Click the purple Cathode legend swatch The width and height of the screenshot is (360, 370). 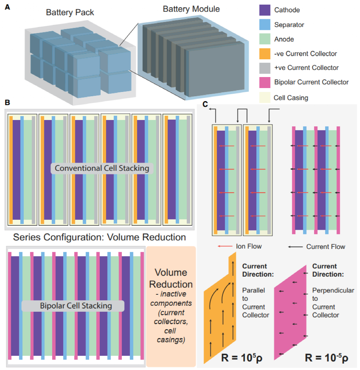tap(265, 10)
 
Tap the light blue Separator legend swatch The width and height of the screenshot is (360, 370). tap(265, 25)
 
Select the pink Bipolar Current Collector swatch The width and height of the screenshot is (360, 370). tap(265, 82)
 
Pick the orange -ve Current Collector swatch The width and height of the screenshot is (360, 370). tap(265, 54)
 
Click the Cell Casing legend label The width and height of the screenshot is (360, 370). tap(291, 97)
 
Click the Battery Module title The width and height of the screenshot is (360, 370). tap(191, 9)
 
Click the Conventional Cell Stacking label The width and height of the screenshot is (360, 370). tap(102, 168)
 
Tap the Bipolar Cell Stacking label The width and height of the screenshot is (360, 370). tap(73, 305)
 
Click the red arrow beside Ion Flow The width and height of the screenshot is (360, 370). tap(223, 246)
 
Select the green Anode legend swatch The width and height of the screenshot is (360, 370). tap(265, 39)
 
